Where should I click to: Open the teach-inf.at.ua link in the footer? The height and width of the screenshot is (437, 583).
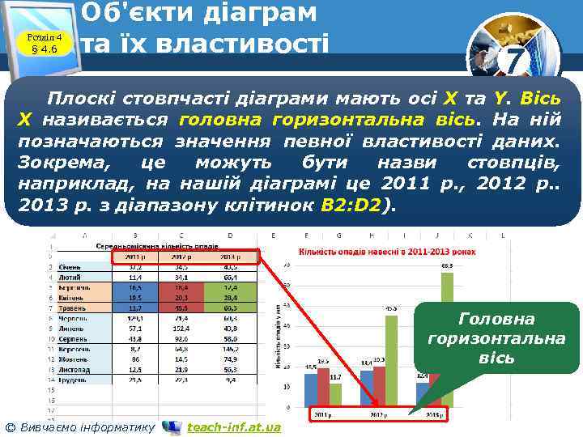234,426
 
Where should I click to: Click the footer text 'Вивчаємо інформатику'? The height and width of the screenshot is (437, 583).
79,426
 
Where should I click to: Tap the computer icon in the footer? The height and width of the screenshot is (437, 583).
172,426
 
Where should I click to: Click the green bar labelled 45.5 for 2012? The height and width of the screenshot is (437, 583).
390,360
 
